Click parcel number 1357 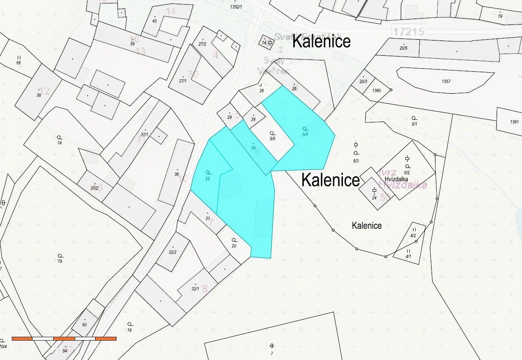[x=446, y=81]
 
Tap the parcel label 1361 [x=514, y=122]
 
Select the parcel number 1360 [x=377, y=91]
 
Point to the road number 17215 [x=408, y=31]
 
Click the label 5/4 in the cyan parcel [x=305, y=134]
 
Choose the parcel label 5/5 [x=272, y=138]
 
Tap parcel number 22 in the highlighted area [x=208, y=179]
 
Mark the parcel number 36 [x=177, y=174]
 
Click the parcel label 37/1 [x=144, y=135]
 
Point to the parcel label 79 [x=60, y=261]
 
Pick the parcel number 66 [x=19, y=63]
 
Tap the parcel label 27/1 [x=182, y=81]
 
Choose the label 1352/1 [x=236, y=7]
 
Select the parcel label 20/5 [x=404, y=48]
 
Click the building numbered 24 [x=374, y=198]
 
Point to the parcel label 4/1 [x=408, y=256]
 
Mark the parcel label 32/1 [x=195, y=289]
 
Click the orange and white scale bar [x=64, y=338]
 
